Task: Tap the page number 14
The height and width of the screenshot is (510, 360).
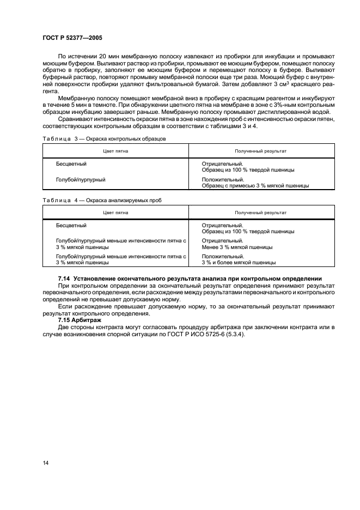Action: pyautogui.click(x=46, y=463)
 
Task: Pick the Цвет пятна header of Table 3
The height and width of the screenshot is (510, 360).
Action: pyautogui.click(x=115, y=150)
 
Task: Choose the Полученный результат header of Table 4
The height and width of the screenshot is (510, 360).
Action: pyautogui.click(x=260, y=212)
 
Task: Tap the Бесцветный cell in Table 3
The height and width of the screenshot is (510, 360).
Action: pyautogui.click(x=71, y=163)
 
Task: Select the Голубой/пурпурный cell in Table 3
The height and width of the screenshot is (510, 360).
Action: pyautogui.click(x=81, y=179)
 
